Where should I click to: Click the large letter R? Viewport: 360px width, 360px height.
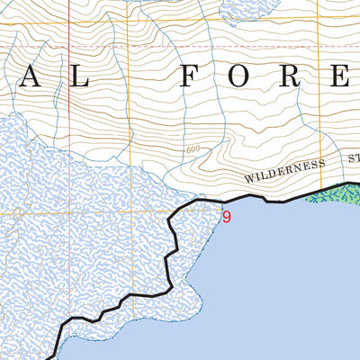coord(296,76)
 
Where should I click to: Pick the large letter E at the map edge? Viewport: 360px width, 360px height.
coord(351,76)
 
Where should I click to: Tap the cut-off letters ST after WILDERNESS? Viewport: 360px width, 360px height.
coord(353,158)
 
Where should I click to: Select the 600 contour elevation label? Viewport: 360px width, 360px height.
coord(191,149)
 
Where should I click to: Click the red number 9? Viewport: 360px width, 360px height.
coord(227,217)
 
